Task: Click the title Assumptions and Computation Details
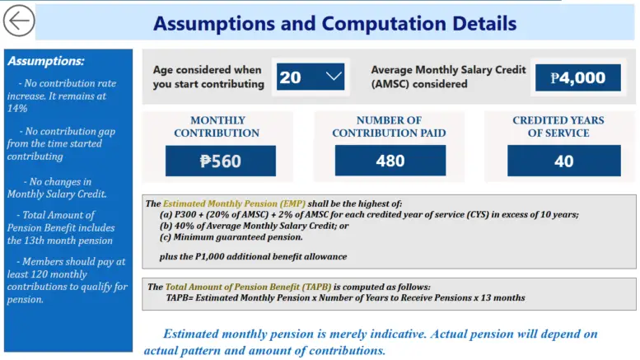tap(334, 23)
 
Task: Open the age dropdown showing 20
tap(310, 77)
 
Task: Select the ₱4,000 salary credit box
tap(577, 78)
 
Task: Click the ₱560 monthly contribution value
tap(220, 161)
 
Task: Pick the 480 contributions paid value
tap(390, 161)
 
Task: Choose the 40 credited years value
tap(563, 161)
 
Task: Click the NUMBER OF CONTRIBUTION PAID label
tap(390, 127)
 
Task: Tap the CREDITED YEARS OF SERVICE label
tap(558, 127)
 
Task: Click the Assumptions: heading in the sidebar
tap(45, 61)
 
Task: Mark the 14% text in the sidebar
tap(17, 108)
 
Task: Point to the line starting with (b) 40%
tap(255, 226)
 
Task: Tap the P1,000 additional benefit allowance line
tap(253, 256)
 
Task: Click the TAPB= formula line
tap(345, 297)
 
